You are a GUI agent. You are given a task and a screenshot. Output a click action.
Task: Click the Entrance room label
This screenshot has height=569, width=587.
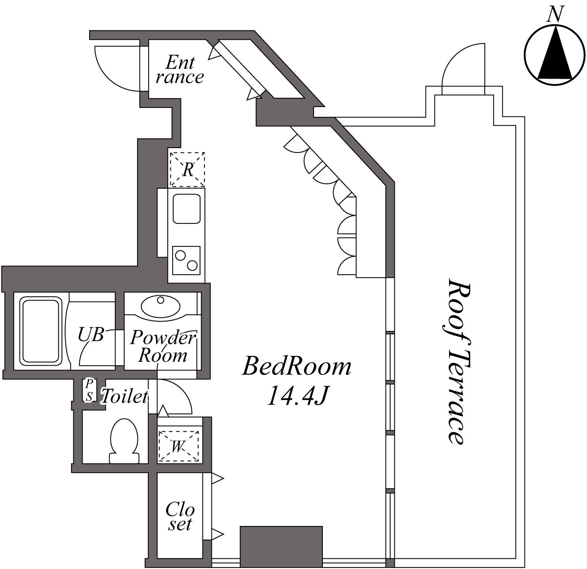point(180,69)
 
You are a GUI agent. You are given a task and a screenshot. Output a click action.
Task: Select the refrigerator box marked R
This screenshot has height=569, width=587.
point(187,170)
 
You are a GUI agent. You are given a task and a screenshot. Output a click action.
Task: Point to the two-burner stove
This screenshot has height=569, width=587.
point(186,260)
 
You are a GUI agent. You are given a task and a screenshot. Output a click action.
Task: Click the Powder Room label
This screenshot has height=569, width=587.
point(162,346)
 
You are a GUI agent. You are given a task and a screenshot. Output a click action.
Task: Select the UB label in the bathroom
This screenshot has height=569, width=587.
point(91,335)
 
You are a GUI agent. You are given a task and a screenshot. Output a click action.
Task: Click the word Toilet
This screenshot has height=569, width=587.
point(124,396)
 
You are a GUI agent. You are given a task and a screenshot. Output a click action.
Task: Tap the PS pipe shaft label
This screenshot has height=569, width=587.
point(89,390)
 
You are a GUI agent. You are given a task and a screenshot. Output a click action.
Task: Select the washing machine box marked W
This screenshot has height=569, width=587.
point(179,445)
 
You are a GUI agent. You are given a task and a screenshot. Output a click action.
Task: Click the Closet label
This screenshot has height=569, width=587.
point(180,516)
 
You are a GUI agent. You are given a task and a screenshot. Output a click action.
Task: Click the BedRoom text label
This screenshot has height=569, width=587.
point(296,367)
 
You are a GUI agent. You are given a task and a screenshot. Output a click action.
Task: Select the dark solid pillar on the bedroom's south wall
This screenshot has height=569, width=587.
point(281,545)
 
